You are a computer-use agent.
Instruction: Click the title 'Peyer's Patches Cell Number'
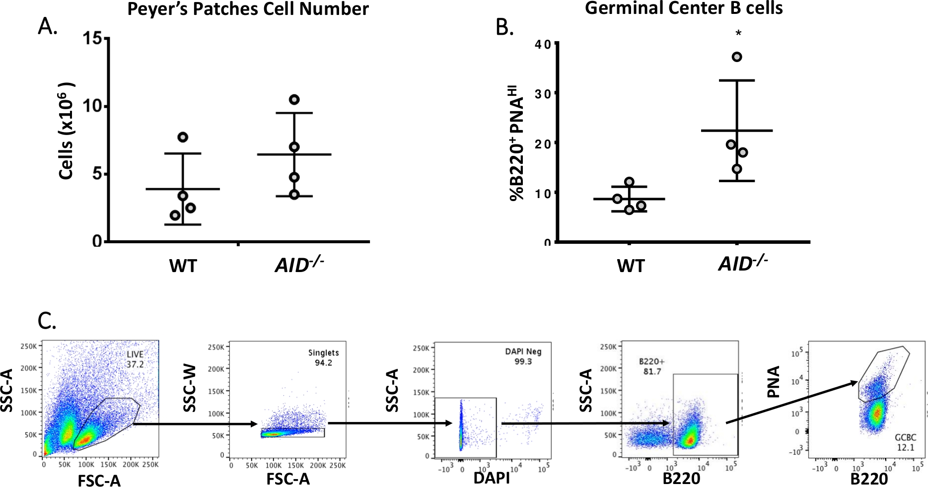[248, 9]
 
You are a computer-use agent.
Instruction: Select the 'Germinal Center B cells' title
[684, 8]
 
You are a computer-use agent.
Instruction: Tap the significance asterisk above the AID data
[738, 34]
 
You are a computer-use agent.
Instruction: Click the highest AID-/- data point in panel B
[737, 57]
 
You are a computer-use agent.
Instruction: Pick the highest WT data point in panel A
[183, 137]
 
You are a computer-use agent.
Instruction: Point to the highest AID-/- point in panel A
[294, 99]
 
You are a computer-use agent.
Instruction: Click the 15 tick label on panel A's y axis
[93, 38]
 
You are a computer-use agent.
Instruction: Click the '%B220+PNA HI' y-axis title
[518, 143]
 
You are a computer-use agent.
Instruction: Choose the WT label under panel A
[183, 267]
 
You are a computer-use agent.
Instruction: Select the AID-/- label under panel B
[743, 264]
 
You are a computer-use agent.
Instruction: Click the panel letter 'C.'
[47, 321]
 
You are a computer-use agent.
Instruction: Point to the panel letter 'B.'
[504, 28]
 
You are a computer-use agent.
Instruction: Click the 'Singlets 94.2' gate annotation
[323, 357]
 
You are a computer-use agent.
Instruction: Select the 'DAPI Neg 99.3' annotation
[523, 356]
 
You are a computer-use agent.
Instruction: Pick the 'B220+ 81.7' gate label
[651, 366]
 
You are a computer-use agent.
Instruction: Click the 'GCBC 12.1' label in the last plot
[905, 442]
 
